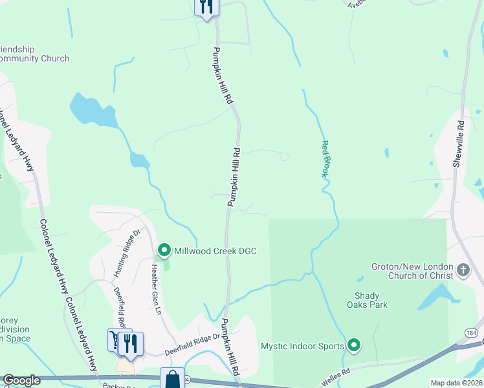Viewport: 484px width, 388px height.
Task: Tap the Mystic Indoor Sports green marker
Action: (353, 346)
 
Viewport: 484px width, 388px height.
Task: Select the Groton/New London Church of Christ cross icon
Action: (463, 270)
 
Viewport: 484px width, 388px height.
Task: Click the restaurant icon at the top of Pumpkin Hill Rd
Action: (206, 7)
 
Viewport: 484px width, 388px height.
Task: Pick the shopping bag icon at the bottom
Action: (173, 379)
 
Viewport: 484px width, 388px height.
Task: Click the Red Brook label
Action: (326, 159)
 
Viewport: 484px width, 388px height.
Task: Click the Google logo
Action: (22, 380)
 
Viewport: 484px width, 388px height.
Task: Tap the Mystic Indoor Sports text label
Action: (302, 346)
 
